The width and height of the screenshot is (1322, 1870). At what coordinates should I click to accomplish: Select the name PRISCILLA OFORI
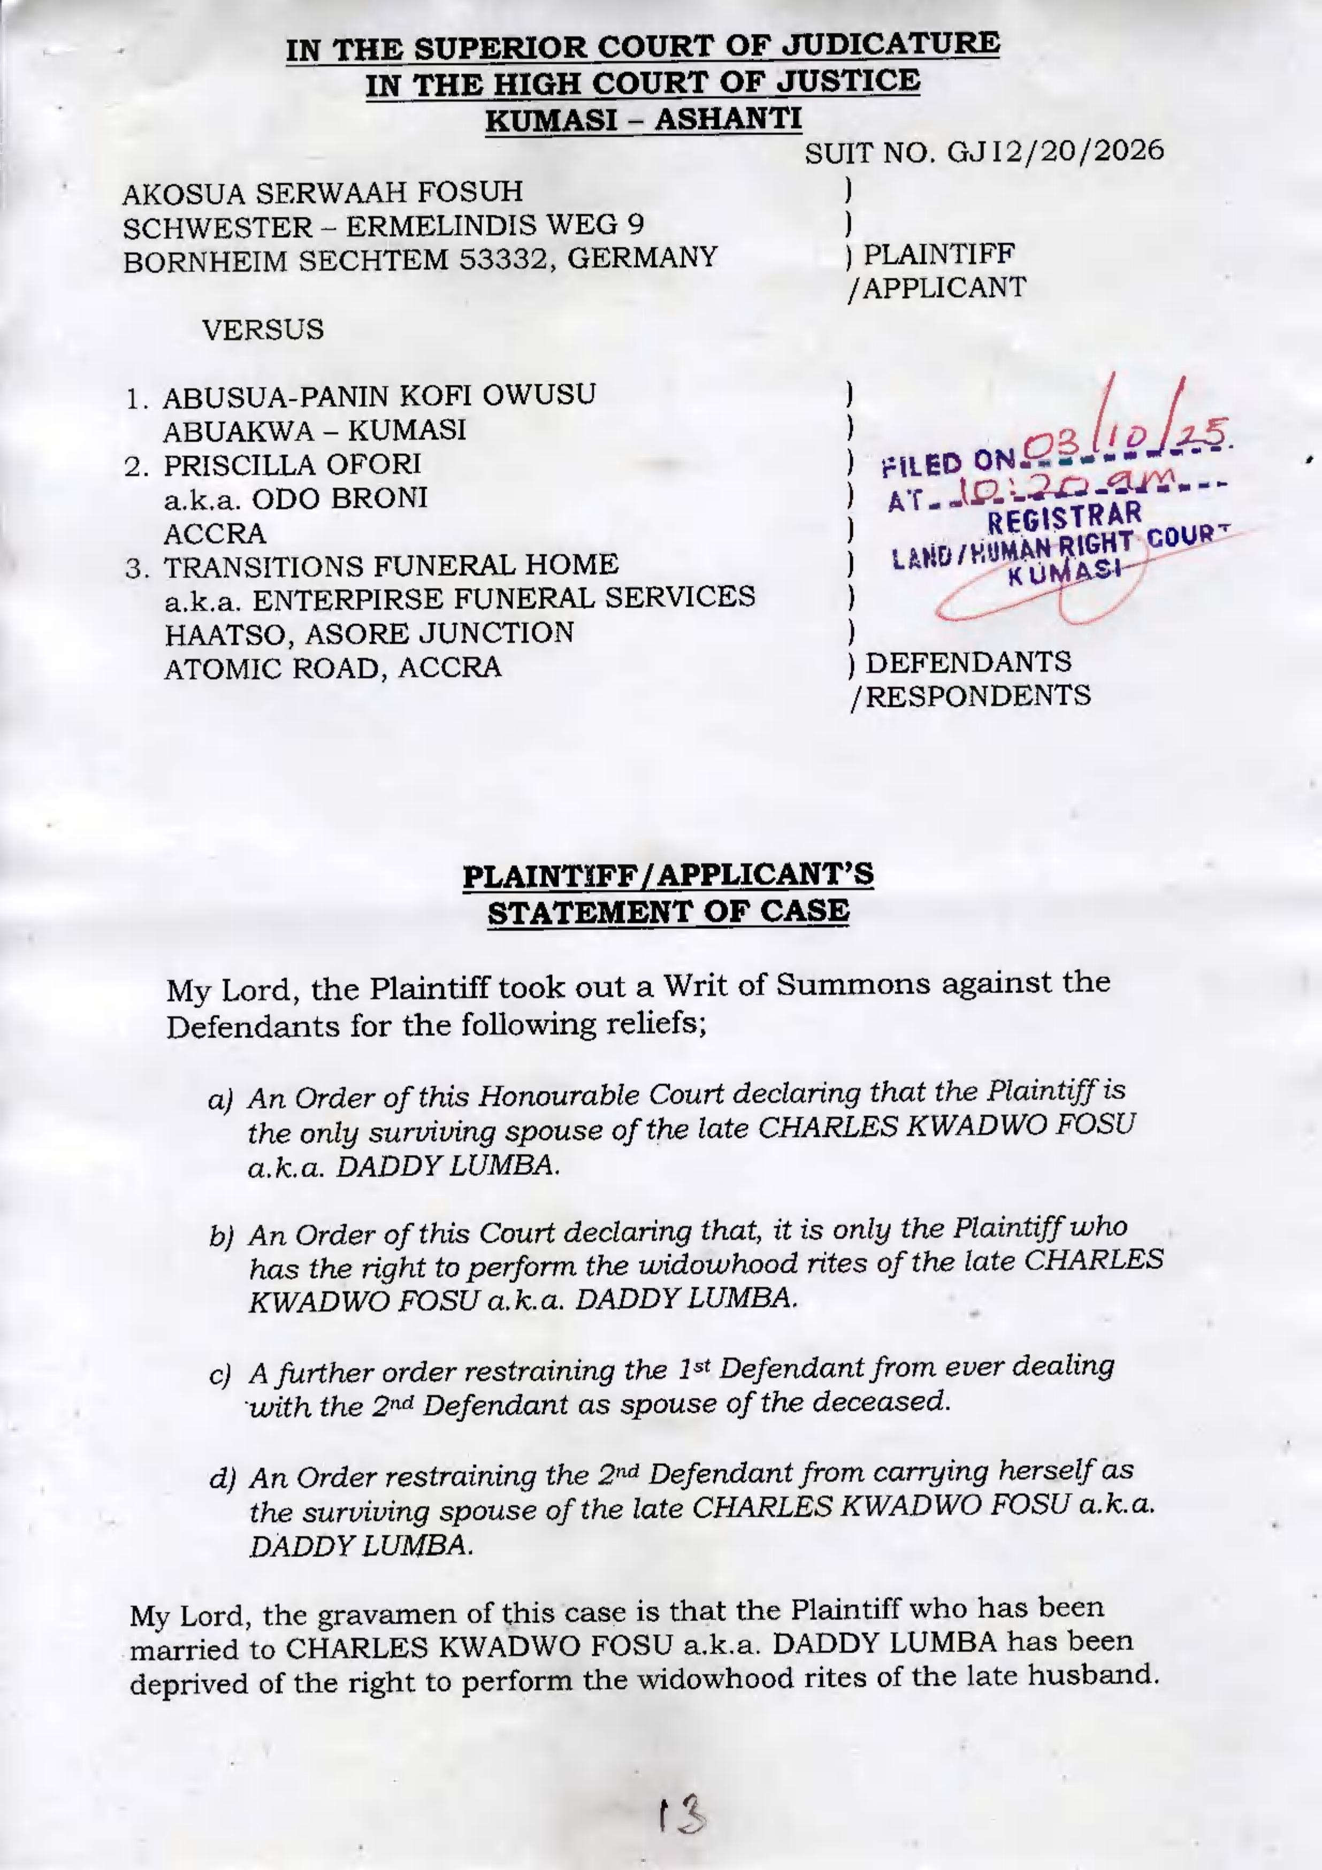tap(293, 465)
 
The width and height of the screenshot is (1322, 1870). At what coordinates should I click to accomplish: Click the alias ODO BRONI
tap(340, 499)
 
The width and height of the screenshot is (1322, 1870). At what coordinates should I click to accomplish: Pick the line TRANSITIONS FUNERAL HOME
tap(391, 564)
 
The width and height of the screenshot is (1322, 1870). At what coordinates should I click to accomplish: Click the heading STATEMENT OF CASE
tap(668, 910)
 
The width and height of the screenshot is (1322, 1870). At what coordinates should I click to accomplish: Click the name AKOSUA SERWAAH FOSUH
tap(323, 193)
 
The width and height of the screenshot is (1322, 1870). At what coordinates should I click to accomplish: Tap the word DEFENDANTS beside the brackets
tap(968, 662)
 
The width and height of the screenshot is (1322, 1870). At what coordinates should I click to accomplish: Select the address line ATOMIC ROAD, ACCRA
tap(332, 669)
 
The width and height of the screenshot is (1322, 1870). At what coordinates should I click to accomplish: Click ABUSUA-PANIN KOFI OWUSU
tap(379, 396)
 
